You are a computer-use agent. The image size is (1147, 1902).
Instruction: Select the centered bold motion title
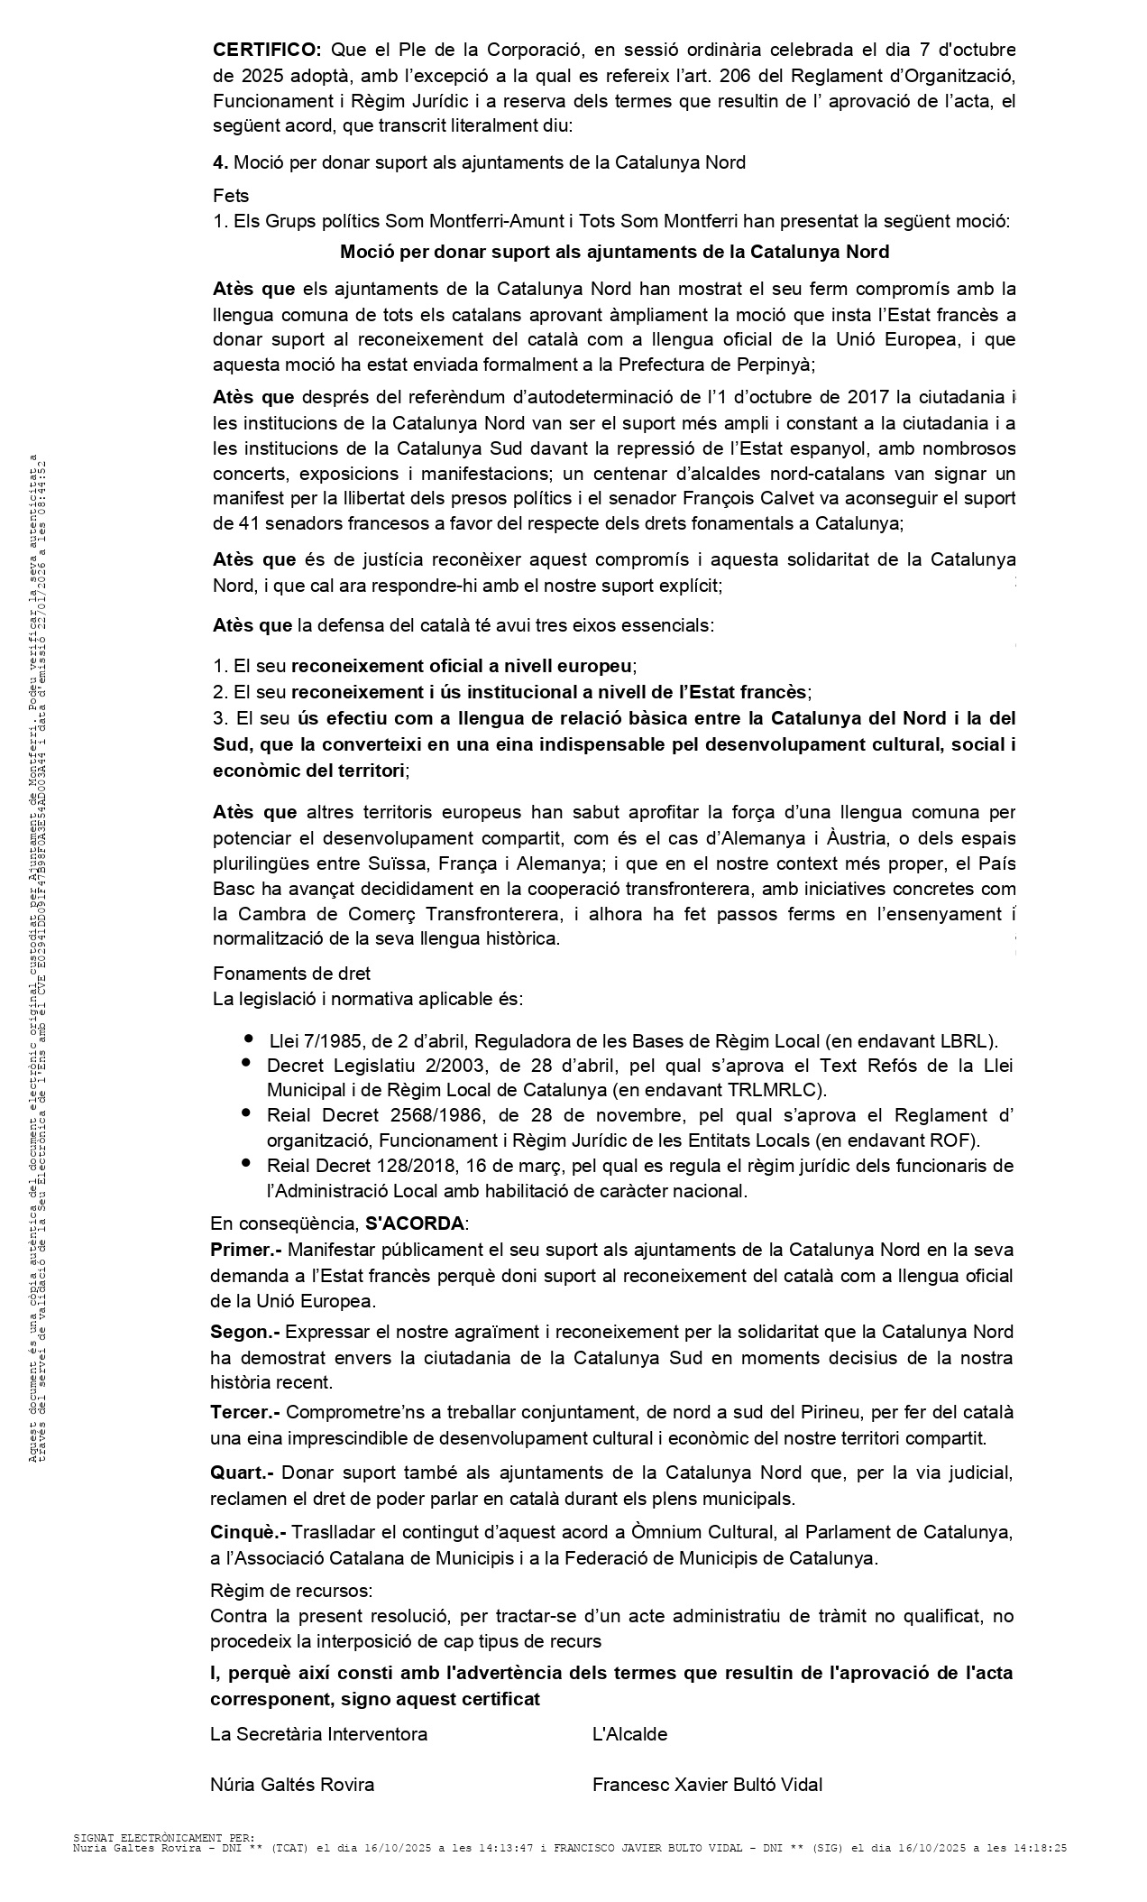click(614, 252)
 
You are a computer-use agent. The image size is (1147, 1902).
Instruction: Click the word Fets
click(231, 195)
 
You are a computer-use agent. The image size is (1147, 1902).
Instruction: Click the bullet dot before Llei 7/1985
click(248, 1039)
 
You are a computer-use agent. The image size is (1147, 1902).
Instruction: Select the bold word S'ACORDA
click(414, 1224)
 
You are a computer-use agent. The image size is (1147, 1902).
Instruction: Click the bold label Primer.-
click(246, 1250)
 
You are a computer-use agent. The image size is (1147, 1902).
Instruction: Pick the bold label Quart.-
click(242, 1473)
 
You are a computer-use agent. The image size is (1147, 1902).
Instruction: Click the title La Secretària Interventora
click(318, 1734)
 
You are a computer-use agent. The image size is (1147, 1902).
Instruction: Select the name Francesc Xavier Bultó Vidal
click(706, 1785)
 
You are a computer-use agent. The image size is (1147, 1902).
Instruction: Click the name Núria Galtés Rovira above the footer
click(292, 1785)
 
